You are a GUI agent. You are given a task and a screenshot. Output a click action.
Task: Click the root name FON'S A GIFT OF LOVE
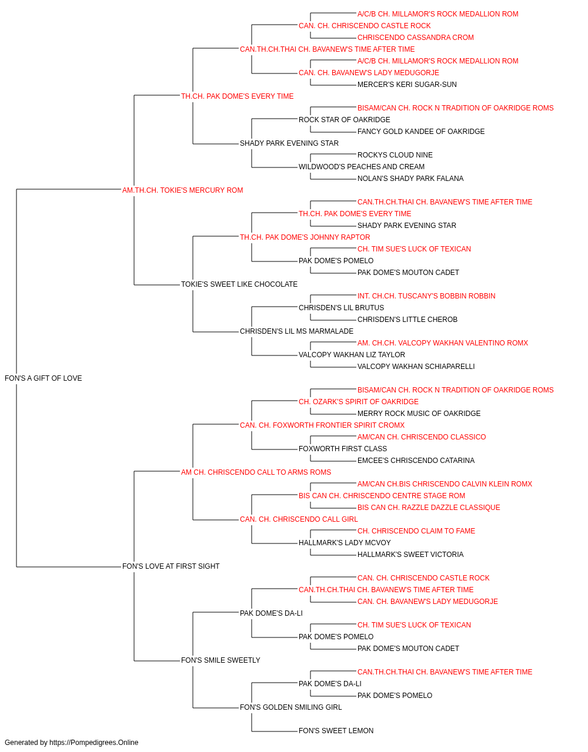[x=44, y=378]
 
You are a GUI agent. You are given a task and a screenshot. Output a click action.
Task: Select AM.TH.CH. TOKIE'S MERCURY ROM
[x=182, y=190]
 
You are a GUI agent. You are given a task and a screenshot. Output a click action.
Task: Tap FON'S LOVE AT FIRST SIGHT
[x=171, y=566]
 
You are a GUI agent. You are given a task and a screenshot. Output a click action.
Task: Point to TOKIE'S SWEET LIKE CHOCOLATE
[x=239, y=284]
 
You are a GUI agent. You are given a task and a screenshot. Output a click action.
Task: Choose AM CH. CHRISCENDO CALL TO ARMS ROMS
[x=256, y=472]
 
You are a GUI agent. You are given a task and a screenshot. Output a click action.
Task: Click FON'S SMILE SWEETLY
[x=220, y=660]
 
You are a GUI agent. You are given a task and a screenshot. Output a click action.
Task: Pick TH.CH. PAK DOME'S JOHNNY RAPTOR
[x=305, y=237]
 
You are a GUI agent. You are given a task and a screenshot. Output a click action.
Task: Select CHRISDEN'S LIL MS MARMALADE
[x=296, y=331]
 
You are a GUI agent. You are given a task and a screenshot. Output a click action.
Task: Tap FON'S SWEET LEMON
[x=336, y=730]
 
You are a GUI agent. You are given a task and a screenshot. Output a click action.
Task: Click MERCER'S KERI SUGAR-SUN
[x=407, y=85]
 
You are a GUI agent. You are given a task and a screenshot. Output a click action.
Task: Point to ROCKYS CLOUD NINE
[x=395, y=155]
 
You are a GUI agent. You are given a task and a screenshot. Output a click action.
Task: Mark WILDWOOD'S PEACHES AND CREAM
[x=362, y=167]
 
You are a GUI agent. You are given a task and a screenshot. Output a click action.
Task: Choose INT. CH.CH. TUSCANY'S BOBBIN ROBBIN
[x=426, y=296]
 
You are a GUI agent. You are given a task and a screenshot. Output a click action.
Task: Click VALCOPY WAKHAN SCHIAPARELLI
[x=416, y=367]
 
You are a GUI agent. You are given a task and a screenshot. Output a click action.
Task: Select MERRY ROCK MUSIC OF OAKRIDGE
[x=419, y=414]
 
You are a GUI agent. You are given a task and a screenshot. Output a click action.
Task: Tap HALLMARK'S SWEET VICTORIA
[x=410, y=555]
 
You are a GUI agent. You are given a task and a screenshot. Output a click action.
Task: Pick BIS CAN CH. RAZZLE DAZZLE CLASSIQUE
[x=429, y=508]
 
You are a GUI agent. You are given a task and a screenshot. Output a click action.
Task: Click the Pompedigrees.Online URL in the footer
[x=94, y=743]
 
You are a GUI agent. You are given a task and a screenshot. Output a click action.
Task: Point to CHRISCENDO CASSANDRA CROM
[x=416, y=38]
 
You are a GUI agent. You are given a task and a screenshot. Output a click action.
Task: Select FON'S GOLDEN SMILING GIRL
[x=291, y=707]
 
